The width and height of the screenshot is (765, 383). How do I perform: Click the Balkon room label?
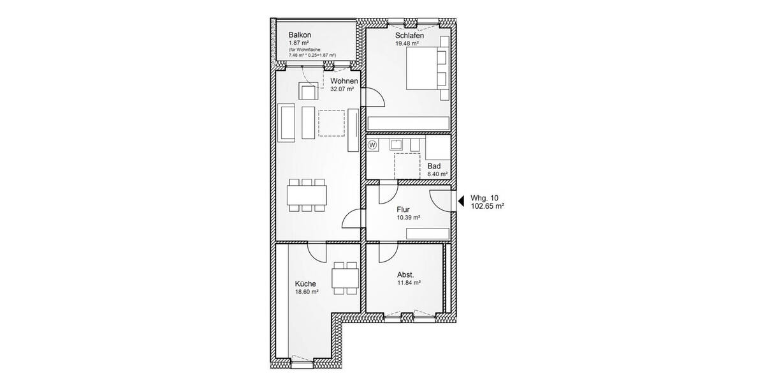click(x=300, y=34)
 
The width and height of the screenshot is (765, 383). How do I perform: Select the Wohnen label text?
click(x=344, y=81)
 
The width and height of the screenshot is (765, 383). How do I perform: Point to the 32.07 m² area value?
click(x=342, y=89)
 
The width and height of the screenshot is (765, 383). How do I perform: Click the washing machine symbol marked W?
click(x=373, y=145)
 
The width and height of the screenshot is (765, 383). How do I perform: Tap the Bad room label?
click(x=434, y=165)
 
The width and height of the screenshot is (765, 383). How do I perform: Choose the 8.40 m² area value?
click(x=437, y=174)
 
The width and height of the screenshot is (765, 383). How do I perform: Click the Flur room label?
click(x=402, y=209)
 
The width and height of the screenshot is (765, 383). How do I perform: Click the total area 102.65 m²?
click(x=487, y=206)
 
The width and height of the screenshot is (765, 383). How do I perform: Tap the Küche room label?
click(x=305, y=283)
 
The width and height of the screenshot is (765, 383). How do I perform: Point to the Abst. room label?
click(x=405, y=274)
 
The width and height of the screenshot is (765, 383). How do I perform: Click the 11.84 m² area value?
click(x=408, y=283)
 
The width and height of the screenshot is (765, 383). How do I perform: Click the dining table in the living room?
click(x=309, y=194)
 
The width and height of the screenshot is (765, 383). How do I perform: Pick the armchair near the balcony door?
click(x=309, y=92)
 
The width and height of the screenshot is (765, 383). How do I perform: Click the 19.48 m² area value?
click(x=407, y=43)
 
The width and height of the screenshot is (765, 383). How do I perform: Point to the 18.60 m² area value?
click(x=307, y=292)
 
